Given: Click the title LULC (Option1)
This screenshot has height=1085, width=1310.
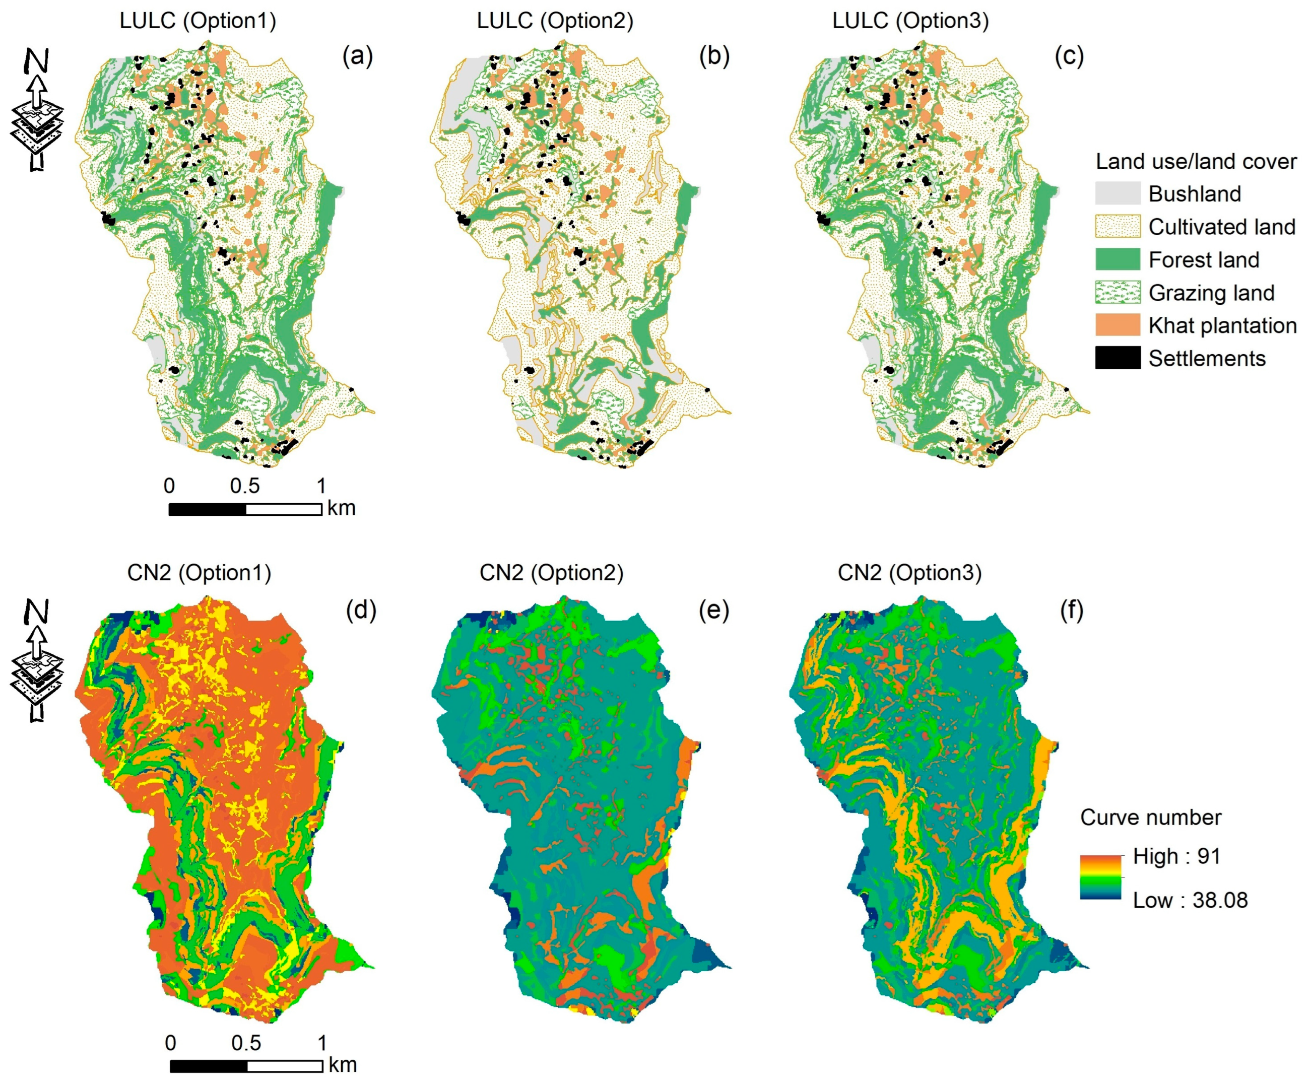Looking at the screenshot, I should (x=198, y=21).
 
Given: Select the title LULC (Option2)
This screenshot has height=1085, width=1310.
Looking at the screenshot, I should (x=555, y=21).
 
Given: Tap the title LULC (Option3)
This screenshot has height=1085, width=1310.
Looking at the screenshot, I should (x=910, y=21).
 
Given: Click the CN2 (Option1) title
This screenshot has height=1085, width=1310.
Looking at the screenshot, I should (x=199, y=572).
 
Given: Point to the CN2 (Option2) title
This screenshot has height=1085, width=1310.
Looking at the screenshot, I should (x=551, y=572).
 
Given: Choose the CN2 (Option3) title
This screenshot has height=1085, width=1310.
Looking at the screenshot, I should (x=909, y=572).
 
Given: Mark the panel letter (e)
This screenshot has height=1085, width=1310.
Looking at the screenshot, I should (x=713, y=611).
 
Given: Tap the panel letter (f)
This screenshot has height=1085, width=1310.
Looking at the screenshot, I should (x=1071, y=611).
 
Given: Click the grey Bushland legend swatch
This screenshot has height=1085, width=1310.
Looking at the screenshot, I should (x=1117, y=193).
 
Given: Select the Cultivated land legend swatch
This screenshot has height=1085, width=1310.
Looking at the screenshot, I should (x=1117, y=226).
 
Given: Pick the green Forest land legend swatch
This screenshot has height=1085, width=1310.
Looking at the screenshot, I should (x=1117, y=259).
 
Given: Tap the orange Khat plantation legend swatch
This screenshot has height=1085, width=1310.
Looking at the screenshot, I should (x=1117, y=325).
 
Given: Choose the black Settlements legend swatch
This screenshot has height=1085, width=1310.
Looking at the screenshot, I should (x=1117, y=359).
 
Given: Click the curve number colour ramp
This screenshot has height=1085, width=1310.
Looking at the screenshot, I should (x=1101, y=877).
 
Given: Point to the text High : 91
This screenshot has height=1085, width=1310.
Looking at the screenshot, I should (x=1176, y=856).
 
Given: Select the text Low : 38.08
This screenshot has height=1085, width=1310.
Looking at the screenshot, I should (x=1190, y=901).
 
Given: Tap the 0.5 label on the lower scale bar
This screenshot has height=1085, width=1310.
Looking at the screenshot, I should (x=246, y=1043).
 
